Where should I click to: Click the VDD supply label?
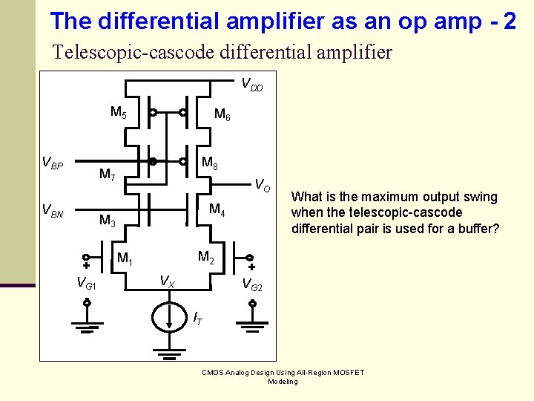252,84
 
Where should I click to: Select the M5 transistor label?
119,113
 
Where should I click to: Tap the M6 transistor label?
222,114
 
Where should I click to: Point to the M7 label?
108,175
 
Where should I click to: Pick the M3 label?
108,221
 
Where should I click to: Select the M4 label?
217,209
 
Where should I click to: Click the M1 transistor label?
125,259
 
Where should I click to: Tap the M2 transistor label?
206,257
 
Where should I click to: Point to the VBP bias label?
52,163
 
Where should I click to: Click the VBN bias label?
52,213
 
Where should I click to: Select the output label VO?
262,183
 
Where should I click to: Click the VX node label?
168,281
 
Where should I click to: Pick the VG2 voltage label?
252,283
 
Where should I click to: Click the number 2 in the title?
509,21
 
